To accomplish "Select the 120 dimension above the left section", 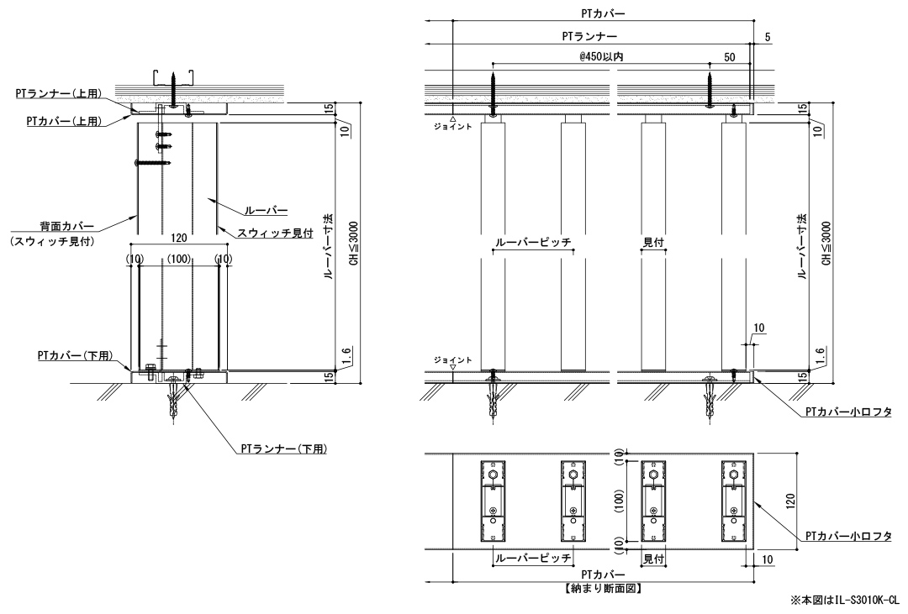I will [177, 239].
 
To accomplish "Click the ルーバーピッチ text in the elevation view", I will [533, 242].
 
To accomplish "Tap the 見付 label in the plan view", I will [654, 558].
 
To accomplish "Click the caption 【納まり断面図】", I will [603, 587].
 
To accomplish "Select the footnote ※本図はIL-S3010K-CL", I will [843, 601].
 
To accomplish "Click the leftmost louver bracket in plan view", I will [492, 502].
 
